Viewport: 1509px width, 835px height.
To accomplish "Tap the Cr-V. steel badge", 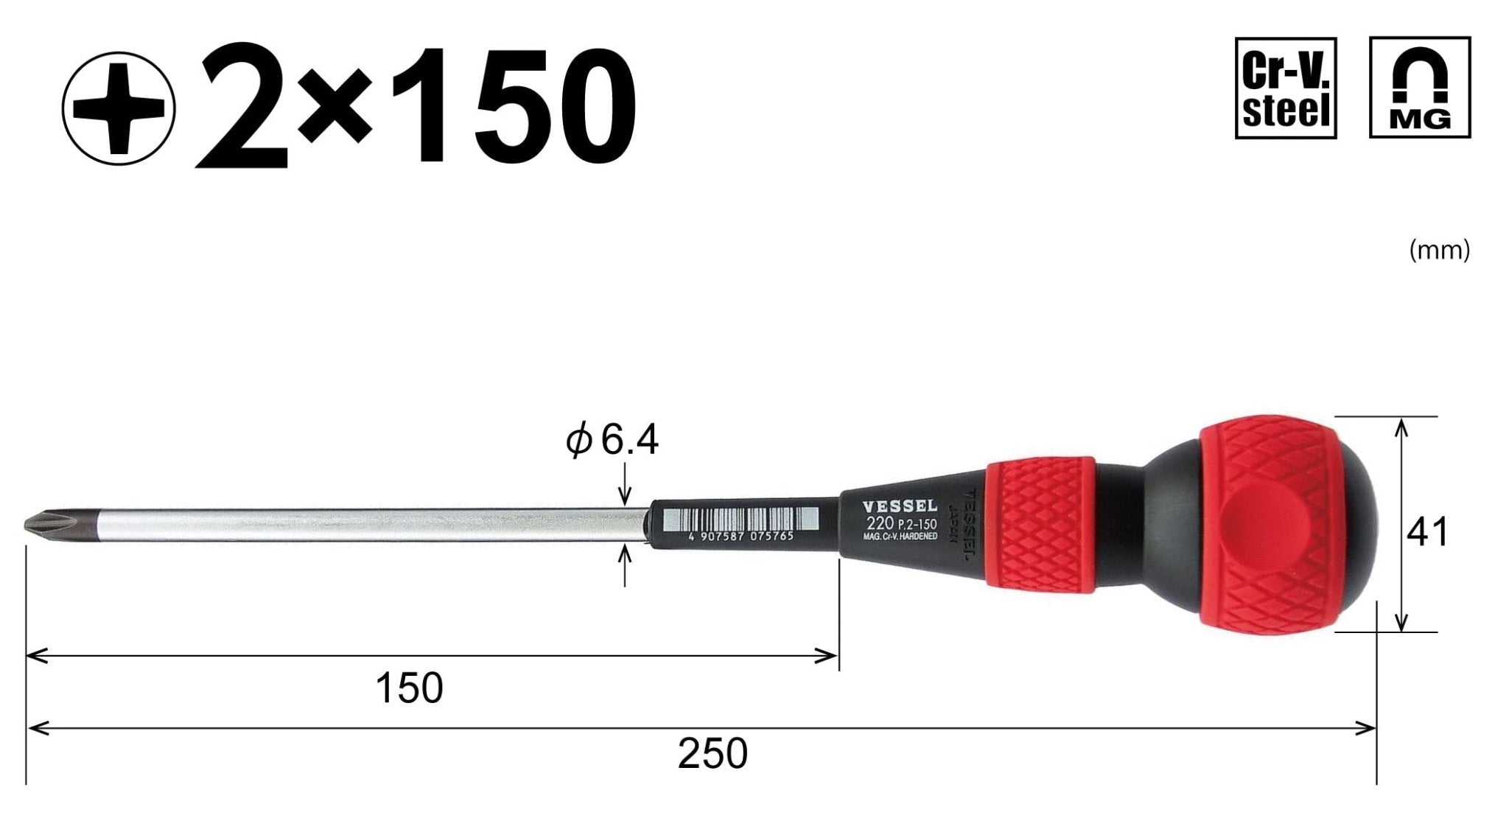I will (x=1285, y=88).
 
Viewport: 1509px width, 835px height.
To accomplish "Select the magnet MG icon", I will (x=1419, y=88).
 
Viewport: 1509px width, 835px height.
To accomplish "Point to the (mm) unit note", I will (x=1439, y=251).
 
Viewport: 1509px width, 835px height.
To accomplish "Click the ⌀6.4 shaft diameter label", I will (x=612, y=441).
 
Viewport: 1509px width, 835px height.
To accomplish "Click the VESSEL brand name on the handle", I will (x=899, y=507).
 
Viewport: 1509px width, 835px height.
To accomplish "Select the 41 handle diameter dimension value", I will (x=1427, y=532).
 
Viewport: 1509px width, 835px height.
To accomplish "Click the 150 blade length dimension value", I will (x=409, y=688).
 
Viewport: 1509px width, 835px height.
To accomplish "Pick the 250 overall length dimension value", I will (x=712, y=754).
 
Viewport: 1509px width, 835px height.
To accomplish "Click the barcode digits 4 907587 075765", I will (x=741, y=537).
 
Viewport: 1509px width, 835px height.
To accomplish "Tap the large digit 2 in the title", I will (x=242, y=108).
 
